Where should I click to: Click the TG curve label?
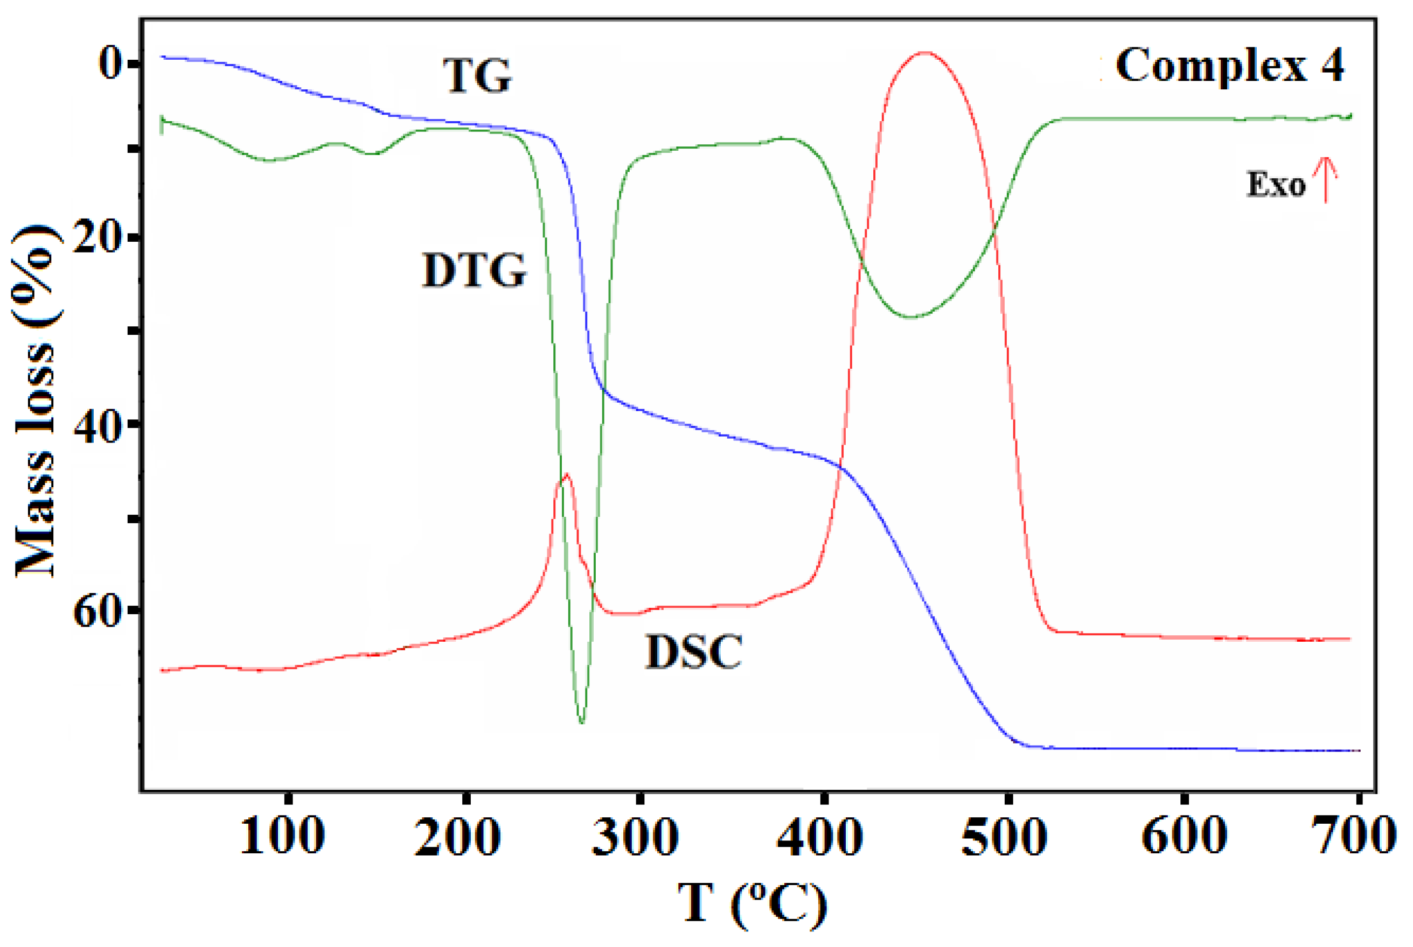pos(477,76)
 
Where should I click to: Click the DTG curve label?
pos(475,271)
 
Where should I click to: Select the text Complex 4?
pos(1229,66)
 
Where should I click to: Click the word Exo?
pos(1276,184)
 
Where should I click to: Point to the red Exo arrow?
pos(1326,180)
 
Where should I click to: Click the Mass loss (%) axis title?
pos(35,402)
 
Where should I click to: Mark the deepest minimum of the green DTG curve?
pos(581,722)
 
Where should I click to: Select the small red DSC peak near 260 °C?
pos(566,475)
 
